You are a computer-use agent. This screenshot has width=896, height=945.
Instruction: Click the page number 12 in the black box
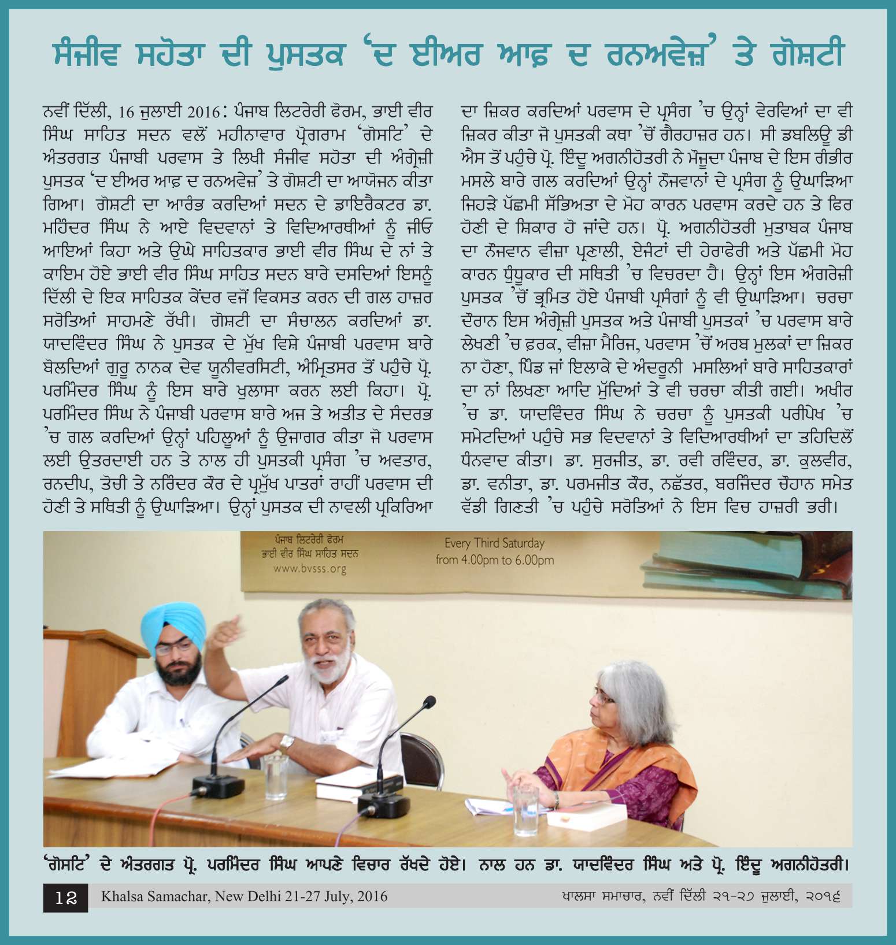[66, 898]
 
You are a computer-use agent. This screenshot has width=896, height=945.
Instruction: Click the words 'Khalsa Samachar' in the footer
[155, 896]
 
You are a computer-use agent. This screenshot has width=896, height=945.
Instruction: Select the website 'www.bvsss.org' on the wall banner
[310, 569]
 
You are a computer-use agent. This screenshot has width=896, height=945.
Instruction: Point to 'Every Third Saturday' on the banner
[494, 543]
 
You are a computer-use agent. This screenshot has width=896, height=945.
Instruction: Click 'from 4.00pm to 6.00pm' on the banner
[494, 560]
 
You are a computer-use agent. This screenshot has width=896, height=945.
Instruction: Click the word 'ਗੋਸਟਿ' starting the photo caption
[66, 865]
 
